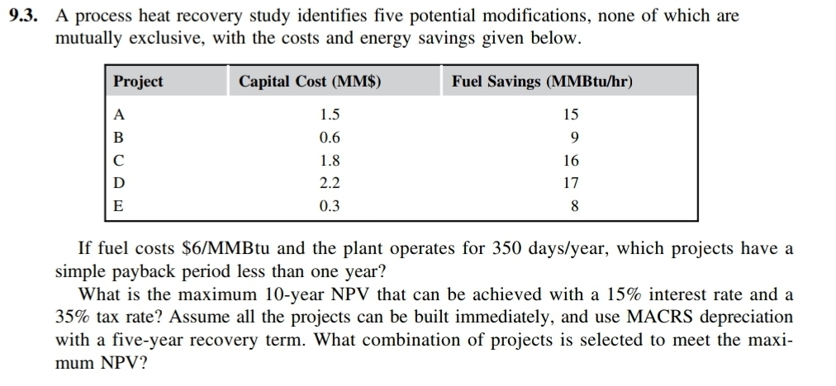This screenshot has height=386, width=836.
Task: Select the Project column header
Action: [x=138, y=82]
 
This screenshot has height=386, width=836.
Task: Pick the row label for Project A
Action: [x=119, y=115]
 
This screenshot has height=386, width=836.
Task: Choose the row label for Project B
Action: [x=119, y=138]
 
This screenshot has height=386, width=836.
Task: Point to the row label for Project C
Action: [x=119, y=161]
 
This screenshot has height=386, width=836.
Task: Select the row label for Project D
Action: [x=119, y=183]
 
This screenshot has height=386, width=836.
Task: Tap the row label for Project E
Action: [x=119, y=206]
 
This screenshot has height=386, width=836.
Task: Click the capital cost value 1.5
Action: [x=330, y=115]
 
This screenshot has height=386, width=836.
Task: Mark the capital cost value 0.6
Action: [x=330, y=138]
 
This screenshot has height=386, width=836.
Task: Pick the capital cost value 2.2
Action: [x=330, y=183]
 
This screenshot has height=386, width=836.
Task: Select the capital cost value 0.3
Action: [x=330, y=206]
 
